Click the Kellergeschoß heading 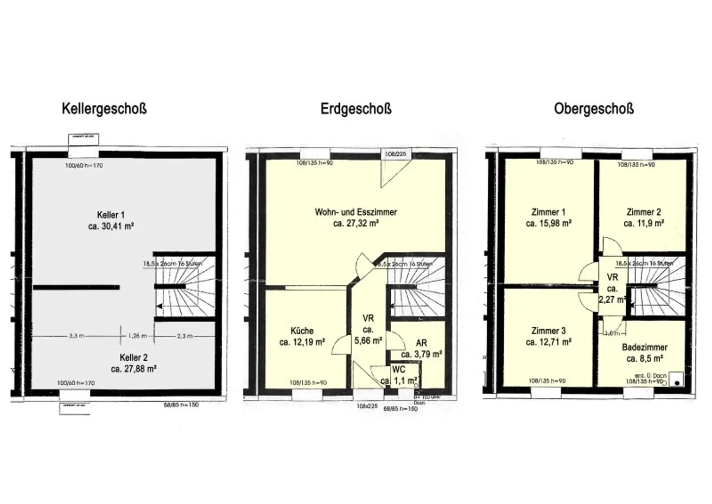pyautogui.click(x=104, y=109)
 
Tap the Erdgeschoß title pyautogui.click(x=356, y=109)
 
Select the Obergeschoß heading pyautogui.click(x=593, y=109)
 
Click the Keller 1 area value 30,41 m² pyautogui.click(x=111, y=226)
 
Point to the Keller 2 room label pyautogui.click(x=133, y=357)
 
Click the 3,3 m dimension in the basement pyautogui.click(x=76, y=336)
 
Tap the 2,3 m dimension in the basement pyautogui.click(x=184, y=336)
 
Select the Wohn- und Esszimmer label pyautogui.click(x=356, y=212)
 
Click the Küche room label pyautogui.click(x=302, y=331)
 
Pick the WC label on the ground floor pyautogui.click(x=399, y=370)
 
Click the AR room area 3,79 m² pyautogui.click(x=421, y=354)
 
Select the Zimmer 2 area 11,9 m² pyautogui.click(x=643, y=223)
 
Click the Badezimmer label pyautogui.click(x=644, y=347)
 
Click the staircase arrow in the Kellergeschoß pyautogui.click(x=159, y=306)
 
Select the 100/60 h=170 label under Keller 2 pyautogui.click(x=76, y=383)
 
